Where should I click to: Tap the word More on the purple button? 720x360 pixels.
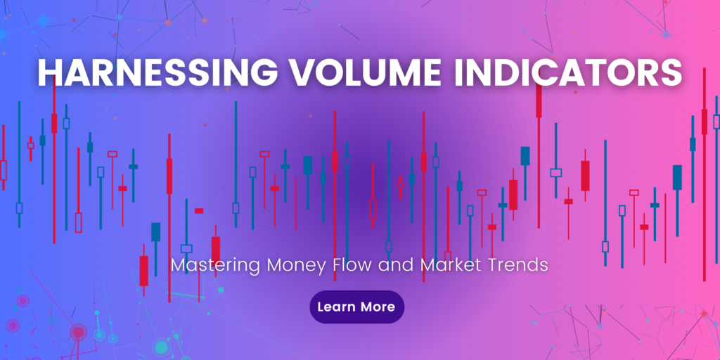click(x=378, y=307)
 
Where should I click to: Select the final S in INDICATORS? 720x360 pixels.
click(x=672, y=73)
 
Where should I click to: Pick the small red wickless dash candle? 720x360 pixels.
click(x=199, y=210)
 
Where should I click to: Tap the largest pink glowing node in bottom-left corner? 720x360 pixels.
click(x=77, y=331)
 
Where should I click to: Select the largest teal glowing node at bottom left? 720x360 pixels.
click(x=161, y=347)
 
